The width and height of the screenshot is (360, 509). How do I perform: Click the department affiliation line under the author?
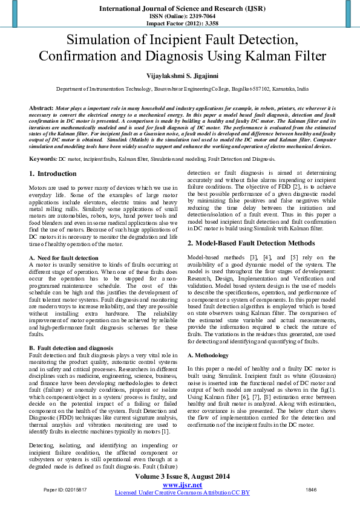(x=182, y=88)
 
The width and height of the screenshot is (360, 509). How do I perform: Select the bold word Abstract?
(x=41, y=107)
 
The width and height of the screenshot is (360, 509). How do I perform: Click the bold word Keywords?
(x=43, y=158)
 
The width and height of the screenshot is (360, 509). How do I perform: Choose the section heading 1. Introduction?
(x=53, y=173)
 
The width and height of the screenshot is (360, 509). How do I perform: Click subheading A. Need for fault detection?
(x=63, y=258)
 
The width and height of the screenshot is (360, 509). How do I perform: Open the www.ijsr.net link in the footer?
(x=182, y=485)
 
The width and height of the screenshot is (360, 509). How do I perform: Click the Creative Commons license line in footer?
(x=182, y=493)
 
